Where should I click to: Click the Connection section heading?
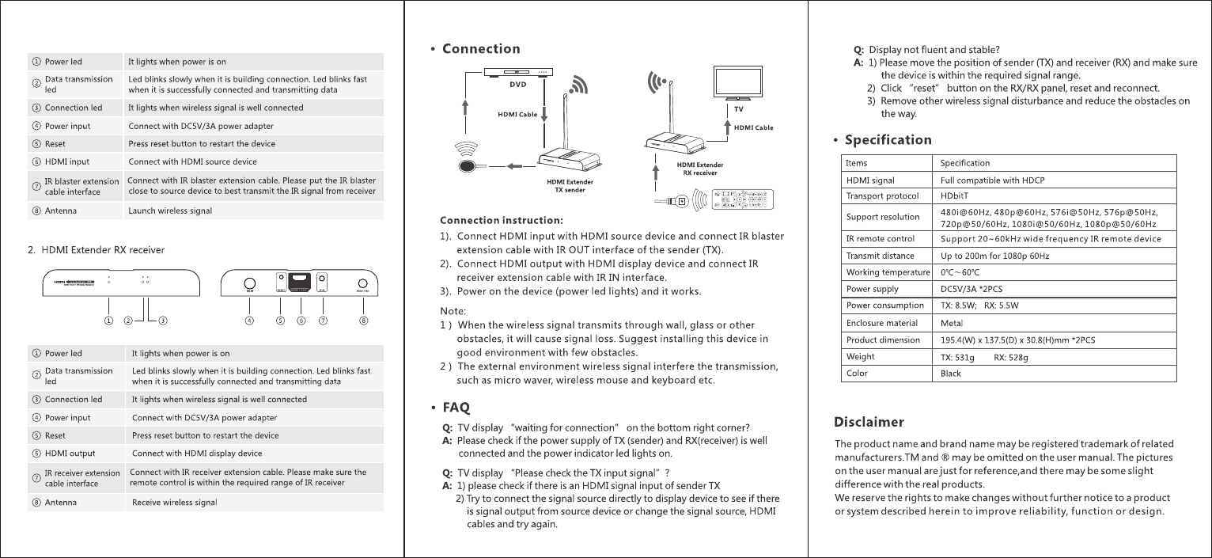481,49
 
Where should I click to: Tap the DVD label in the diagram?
517,82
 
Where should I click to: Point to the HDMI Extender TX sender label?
570,185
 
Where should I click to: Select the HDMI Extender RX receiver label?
700,168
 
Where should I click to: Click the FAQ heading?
456,408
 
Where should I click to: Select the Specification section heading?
888,140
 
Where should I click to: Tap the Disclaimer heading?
870,422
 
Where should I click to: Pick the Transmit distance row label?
880,256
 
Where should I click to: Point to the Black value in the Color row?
951,374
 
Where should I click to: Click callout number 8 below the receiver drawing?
364,321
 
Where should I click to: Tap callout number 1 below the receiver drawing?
108,321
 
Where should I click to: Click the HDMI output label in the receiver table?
70,454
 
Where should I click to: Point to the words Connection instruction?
501,220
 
